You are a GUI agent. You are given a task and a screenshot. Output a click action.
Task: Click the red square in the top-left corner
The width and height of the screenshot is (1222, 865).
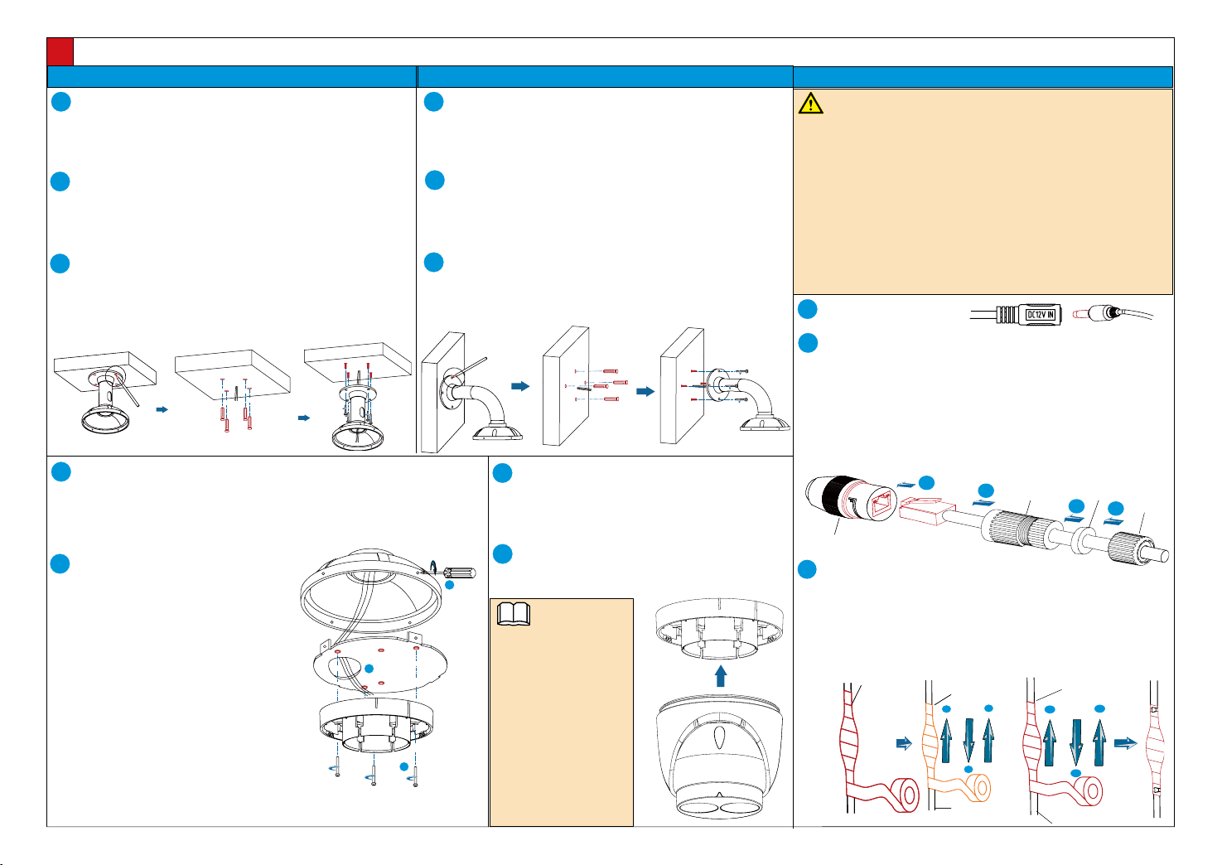pyautogui.click(x=60, y=51)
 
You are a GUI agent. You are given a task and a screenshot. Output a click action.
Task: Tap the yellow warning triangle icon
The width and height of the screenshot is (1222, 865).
pyautogui.click(x=810, y=103)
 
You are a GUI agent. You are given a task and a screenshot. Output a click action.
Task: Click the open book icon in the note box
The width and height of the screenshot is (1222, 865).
pyautogui.click(x=513, y=614)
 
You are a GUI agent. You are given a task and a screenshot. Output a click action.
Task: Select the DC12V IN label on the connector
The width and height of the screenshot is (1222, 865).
pyautogui.click(x=1041, y=315)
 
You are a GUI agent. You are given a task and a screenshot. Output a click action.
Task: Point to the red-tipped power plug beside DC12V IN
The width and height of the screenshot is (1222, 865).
pyautogui.click(x=1098, y=314)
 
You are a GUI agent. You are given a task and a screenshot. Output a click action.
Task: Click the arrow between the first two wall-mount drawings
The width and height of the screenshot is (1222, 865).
pyautogui.click(x=520, y=386)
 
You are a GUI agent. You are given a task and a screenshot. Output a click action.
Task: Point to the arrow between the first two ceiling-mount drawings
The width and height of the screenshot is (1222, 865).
pyautogui.click(x=162, y=409)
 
